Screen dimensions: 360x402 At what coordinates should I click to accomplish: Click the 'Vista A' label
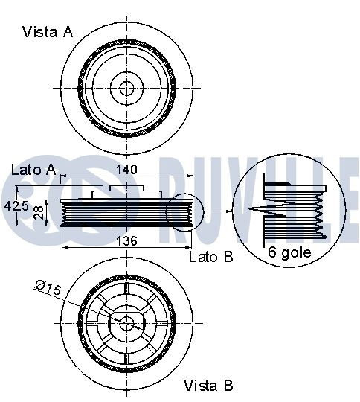[48, 32]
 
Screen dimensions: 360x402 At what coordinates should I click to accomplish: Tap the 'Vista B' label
[208, 386]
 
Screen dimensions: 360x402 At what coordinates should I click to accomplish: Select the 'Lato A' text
[33, 170]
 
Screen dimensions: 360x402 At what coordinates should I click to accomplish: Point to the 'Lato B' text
[211, 257]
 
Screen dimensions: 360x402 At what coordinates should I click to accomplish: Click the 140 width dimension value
[126, 170]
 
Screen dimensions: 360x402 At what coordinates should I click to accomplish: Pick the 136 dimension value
[126, 241]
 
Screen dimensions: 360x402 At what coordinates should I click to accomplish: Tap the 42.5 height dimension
[16, 205]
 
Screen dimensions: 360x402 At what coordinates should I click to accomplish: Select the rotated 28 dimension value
[38, 213]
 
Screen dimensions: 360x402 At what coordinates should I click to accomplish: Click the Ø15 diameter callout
[48, 287]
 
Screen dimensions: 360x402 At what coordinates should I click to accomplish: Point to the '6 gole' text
[289, 252]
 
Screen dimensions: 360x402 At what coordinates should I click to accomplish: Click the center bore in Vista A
[126, 88]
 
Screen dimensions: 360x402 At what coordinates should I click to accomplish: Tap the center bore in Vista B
[126, 323]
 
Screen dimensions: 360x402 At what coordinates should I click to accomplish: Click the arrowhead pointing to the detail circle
[229, 211]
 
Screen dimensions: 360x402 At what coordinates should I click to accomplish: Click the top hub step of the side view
[126, 188]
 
